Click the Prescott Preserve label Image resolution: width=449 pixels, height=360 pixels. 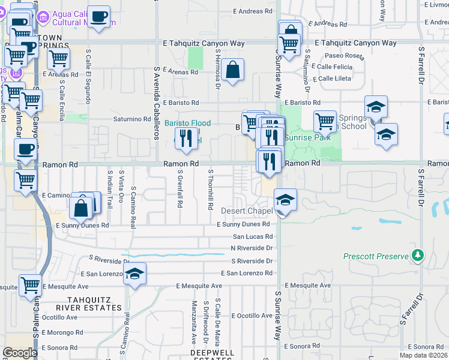coord(375,256)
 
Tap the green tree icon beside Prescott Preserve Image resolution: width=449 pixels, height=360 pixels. coord(417,256)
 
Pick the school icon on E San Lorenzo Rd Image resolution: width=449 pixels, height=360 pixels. coord(135,275)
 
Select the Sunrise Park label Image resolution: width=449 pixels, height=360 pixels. coord(307,137)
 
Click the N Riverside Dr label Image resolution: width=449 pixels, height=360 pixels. coord(252,248)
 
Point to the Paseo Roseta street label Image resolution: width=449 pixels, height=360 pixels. coord(346,56)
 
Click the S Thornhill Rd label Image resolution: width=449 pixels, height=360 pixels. coord(211,189)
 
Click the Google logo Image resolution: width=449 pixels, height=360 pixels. coord(20,353)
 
